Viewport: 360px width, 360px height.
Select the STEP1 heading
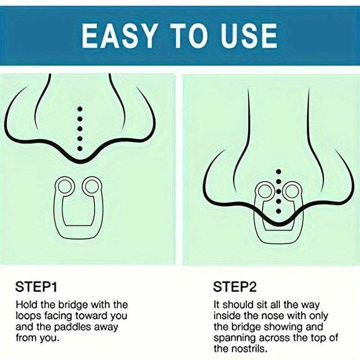pos(36,287)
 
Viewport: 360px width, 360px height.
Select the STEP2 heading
pos(235,287)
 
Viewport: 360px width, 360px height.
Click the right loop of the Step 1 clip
pos(92,186)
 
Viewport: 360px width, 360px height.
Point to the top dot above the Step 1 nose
pos(80,109)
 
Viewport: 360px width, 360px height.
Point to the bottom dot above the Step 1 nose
pos(80,149)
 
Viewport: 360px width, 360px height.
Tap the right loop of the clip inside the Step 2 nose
pos(292,191)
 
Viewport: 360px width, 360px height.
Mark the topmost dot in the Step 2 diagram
pos(279,171)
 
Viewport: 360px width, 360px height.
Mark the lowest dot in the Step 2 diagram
pos(279,211)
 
